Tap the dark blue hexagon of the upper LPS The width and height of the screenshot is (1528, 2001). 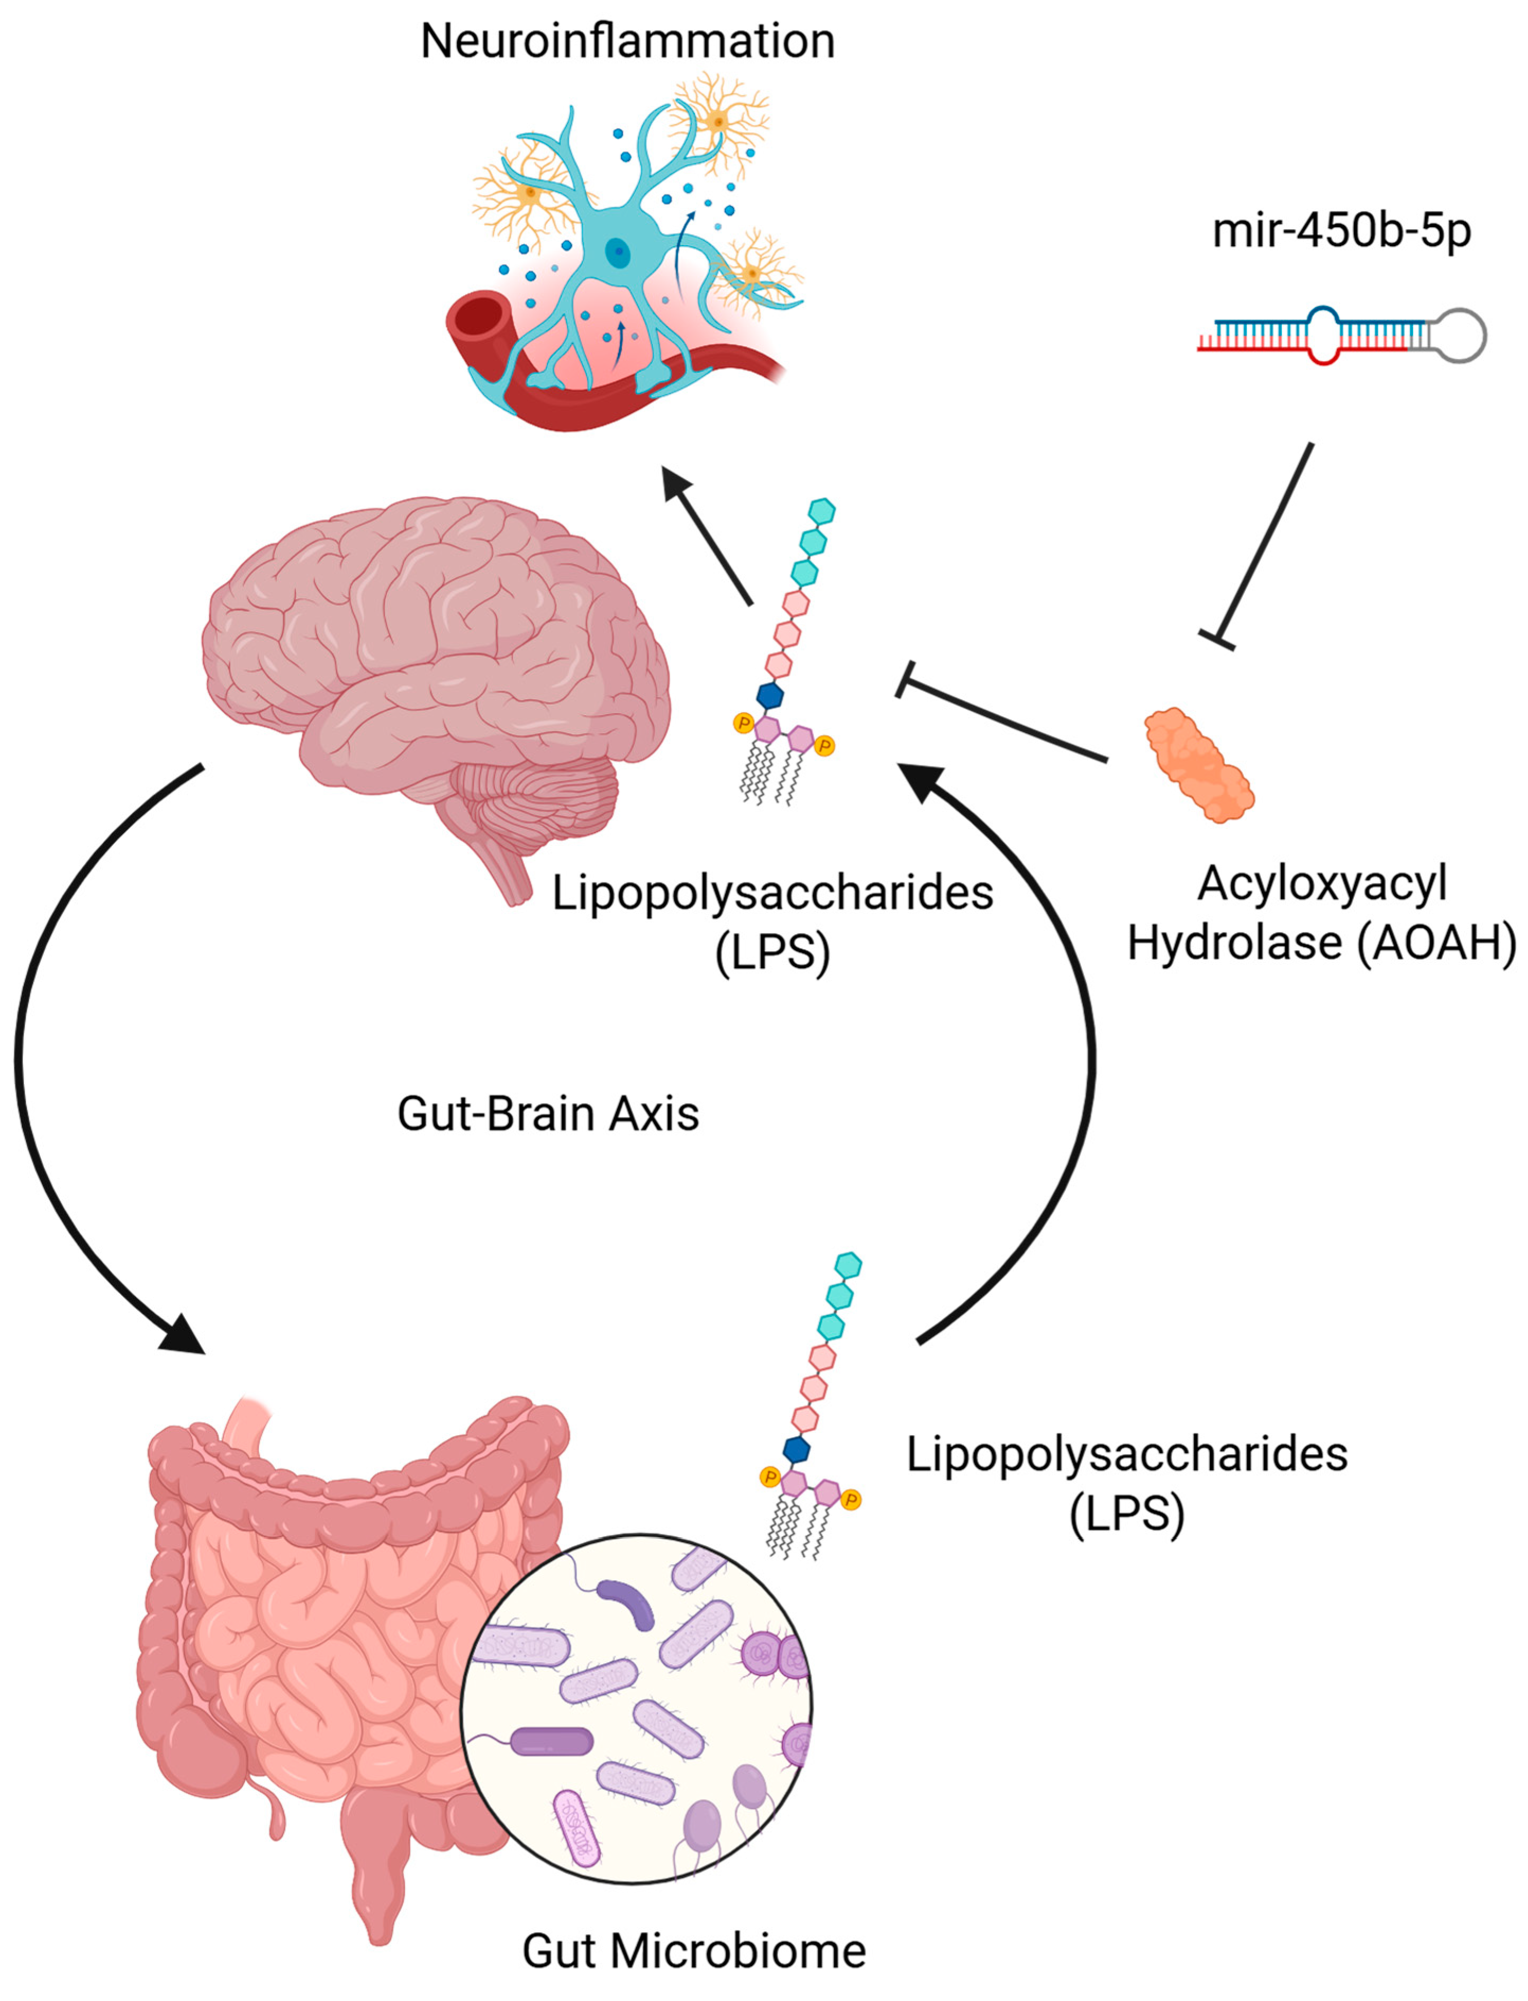click(771, 696)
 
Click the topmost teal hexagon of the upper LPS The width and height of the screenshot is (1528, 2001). click(821, 511)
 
